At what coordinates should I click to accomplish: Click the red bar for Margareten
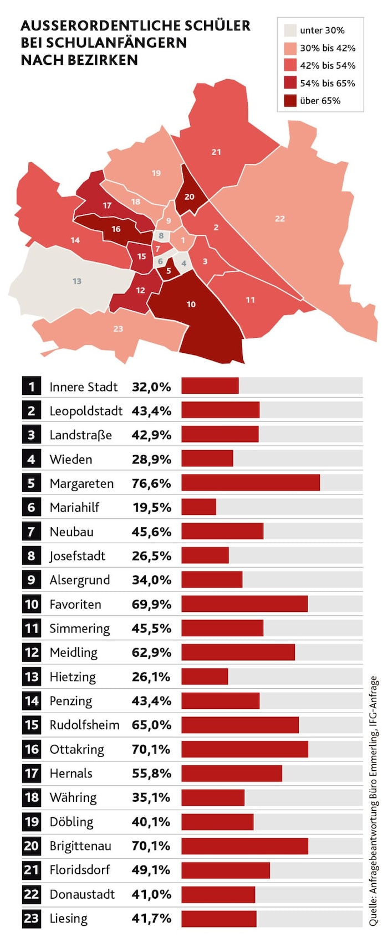pyautogui.click(x=251, y=483)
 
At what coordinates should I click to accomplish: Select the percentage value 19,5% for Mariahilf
pyautogui.click(x=151, y=507)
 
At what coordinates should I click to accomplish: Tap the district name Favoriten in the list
pyautogui.click(x=75, y=604)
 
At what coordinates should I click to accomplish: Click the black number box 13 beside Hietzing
pyautogui.click(x=32, y=677)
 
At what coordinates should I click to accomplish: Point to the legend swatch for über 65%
pyautogui.click(x=290, y=101)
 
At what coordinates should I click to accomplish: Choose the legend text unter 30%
pyautogui.click(x=322, y=30)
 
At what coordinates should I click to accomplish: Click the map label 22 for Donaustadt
pyautogui.click(x=280, y=219)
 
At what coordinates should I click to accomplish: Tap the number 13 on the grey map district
pyautogui.click(x=77, y=281)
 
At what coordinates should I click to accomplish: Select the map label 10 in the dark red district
pyautogui.click(x=191, y=305)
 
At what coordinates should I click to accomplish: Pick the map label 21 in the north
pyautogui.click(x=216, y=152)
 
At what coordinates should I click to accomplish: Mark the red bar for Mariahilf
pyautogui.click(x=198, y=507)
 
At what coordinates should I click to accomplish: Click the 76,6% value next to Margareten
pyautogui.click(x=151, y=483)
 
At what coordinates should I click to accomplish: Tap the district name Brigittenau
pyautogui.click(x=80, y=846)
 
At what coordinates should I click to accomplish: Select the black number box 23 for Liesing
pyautogui.click(x=32, y=919)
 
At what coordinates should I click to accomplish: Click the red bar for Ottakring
pyautogui.click(x=244, y=749)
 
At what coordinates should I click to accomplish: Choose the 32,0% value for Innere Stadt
pyautogui.click(x=151, y=387)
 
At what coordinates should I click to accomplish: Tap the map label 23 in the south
pyautogui.click(x=118, y=329)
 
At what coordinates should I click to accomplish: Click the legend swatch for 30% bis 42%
pyautogui.click(x=290, y=48)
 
